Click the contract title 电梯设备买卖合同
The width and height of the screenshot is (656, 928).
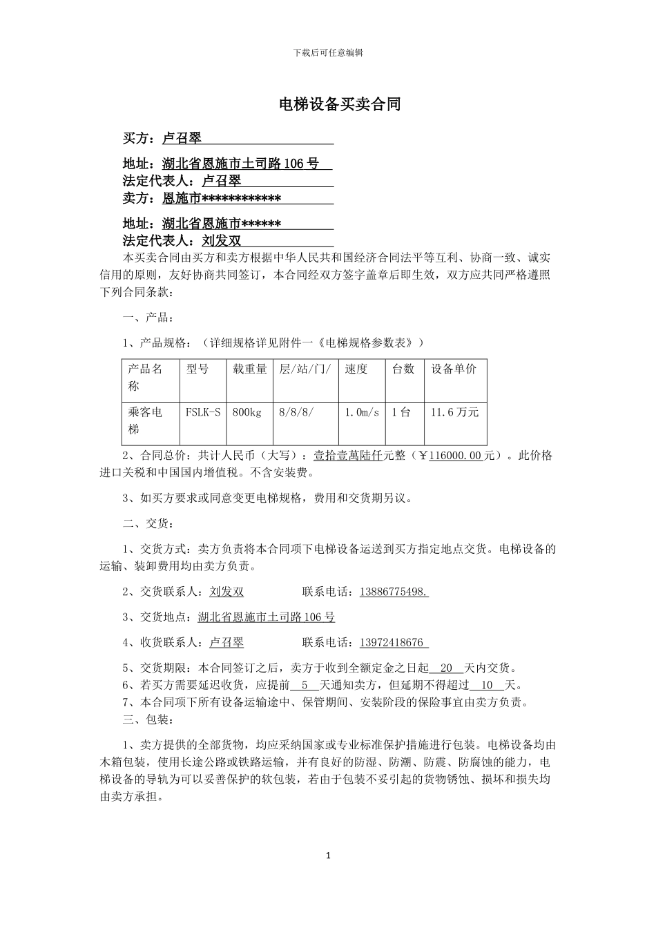[339, 105]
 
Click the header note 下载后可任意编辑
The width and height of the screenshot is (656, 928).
[328, 52]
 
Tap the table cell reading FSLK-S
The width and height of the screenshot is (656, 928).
[203, 412]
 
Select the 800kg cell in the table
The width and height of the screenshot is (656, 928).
[247, 412]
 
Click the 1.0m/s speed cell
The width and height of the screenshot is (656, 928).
[362, 412]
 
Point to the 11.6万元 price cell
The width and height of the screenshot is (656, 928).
[454, 412]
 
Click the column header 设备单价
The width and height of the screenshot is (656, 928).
[454, 369]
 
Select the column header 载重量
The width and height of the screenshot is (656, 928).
[250, 369]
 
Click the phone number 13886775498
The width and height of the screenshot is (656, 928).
[394, 592]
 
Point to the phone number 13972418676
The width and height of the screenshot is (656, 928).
[392, 643]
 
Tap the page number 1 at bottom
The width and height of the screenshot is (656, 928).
[328, 856]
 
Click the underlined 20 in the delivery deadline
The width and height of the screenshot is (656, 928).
[445, 668]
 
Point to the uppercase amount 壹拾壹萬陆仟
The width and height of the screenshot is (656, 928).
[348, 456]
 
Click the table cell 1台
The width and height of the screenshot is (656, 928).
[401, 412]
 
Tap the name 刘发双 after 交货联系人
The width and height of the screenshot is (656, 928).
[226, 592]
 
